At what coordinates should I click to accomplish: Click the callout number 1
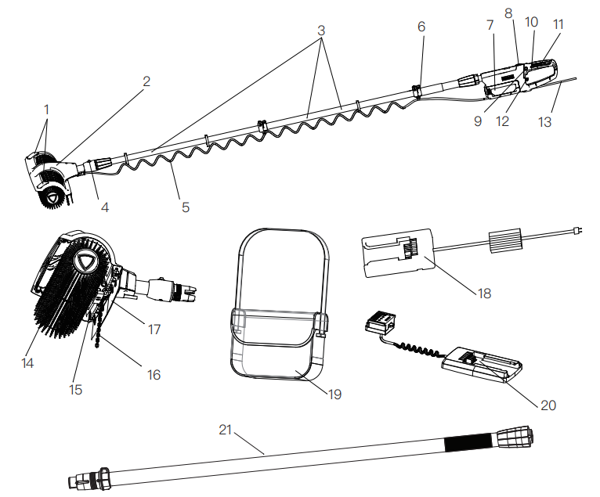(46, 110)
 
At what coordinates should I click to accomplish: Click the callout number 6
(421, 27)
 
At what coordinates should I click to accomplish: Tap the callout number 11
(558, 24)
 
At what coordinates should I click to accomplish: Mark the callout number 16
(154, 375)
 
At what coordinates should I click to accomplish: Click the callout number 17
(154, 330)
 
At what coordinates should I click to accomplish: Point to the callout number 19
(335, 394)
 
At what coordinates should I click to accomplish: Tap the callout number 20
(548, 405)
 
